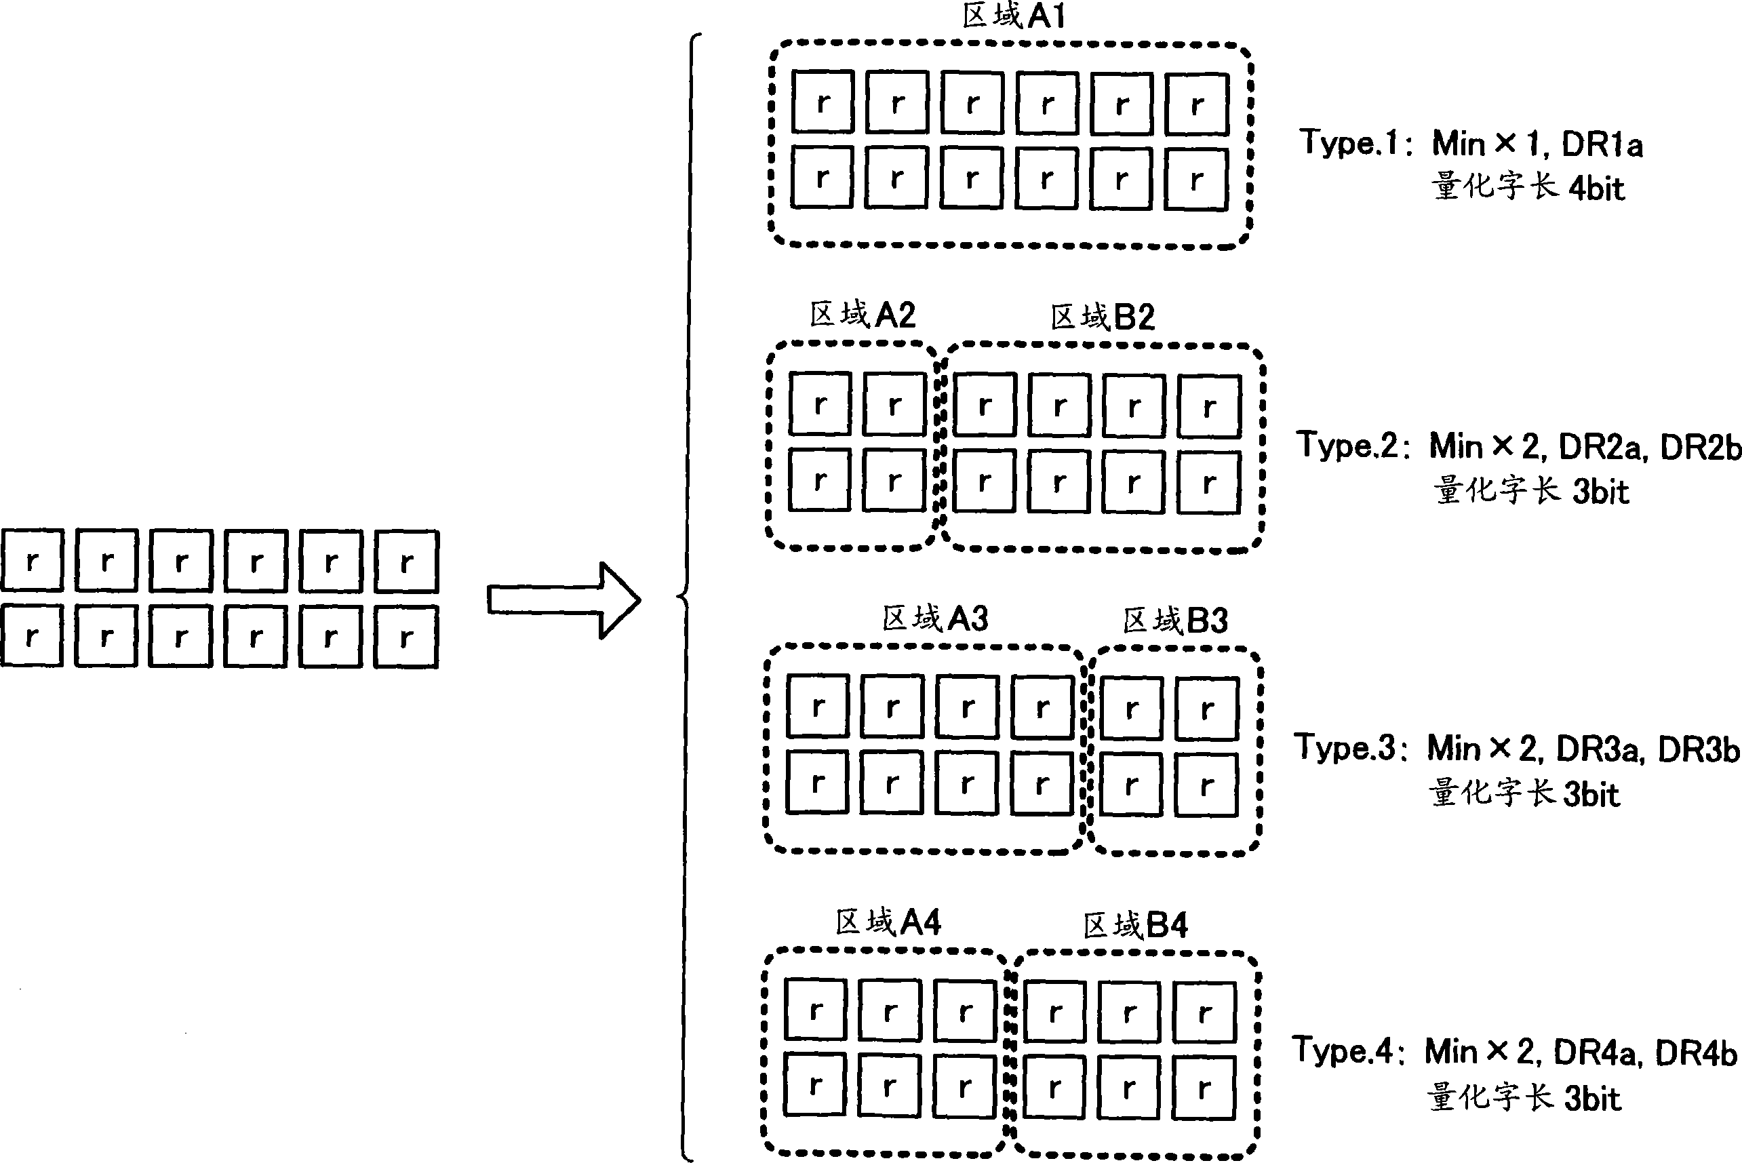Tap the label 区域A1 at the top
(1013, 16)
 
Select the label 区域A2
(862, 315)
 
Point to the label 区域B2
(1103, 317)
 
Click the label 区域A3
(934, 618)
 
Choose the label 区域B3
(1174, 620)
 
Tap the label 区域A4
(888, 923)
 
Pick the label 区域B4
(1135, 926)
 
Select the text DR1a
(1602, 144)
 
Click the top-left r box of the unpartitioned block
(32, 561)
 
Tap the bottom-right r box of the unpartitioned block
(406, 637)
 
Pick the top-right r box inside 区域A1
(1197, 104)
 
